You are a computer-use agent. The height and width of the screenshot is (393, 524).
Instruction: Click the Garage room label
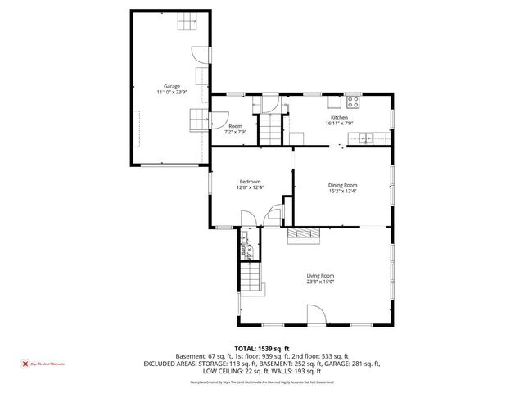170,85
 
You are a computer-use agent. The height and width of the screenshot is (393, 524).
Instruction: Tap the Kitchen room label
339,118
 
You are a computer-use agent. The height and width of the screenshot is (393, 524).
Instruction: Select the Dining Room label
343,185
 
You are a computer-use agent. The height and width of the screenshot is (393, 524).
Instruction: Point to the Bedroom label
250,181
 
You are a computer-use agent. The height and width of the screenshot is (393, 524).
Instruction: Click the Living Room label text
320,276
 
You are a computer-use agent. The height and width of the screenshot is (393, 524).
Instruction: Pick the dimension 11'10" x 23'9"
170,92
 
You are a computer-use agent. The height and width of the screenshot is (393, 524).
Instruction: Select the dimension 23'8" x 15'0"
320,282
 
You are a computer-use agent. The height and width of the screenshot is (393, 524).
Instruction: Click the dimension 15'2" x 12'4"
343,192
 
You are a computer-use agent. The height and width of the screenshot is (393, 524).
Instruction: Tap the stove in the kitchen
354,102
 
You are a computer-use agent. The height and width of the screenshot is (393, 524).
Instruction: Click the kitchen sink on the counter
368,137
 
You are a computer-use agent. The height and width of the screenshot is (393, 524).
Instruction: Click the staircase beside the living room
252,281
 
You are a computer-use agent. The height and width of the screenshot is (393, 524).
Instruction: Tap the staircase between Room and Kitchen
269,129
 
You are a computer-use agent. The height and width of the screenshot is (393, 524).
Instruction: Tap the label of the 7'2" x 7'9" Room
235,126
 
